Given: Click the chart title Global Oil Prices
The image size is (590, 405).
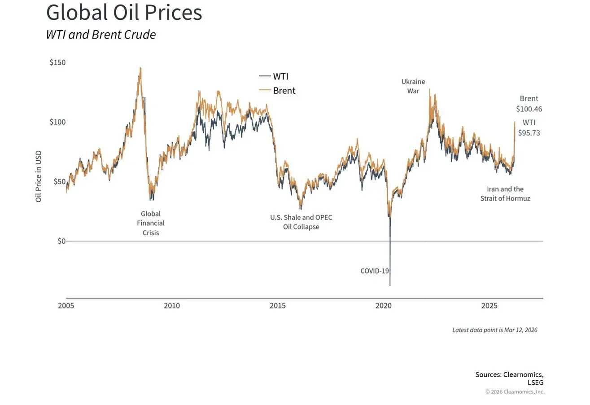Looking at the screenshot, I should (124, 13).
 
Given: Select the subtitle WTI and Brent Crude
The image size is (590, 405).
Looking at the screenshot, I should (101, 35).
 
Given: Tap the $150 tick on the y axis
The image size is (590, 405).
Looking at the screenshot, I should (57, 62).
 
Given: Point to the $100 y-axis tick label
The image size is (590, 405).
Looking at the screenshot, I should (57, 122).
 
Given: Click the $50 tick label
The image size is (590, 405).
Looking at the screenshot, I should (59, 181).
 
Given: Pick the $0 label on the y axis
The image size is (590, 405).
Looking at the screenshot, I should (61, 241).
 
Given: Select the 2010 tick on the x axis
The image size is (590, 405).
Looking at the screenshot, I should (172, 306).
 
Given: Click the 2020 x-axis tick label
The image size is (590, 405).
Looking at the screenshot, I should (384, 306).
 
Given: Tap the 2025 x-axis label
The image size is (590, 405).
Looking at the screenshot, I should (489, 306).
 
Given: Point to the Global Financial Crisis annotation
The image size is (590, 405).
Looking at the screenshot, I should (151, 223).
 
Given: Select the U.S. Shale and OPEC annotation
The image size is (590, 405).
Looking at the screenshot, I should (301, 222).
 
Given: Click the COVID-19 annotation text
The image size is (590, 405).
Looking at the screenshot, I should (375, 271).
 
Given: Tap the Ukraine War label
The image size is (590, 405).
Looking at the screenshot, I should (413, 86).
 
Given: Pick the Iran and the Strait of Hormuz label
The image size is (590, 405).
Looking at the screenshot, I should (505, 194).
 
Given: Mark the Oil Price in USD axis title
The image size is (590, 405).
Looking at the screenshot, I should (39, 176).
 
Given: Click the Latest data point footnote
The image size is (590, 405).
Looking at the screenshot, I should (494, 330).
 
